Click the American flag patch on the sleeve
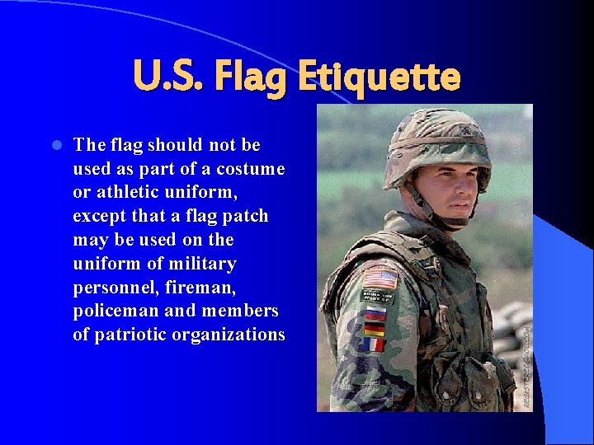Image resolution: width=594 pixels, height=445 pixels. click(x=379, y=278)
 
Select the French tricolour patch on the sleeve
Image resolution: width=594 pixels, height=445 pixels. click(x=374, y=344)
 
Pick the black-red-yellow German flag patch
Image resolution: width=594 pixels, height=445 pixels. click(x=375, y=327)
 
